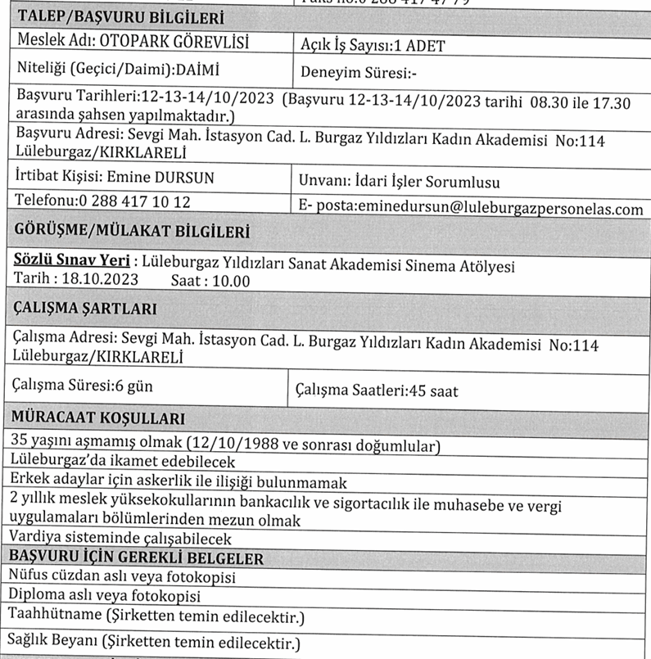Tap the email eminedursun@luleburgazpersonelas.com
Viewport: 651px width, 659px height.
[500, 209]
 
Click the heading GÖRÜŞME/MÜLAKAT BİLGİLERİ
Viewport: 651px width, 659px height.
[133, 233]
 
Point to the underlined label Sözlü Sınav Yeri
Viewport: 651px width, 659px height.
[73, 263]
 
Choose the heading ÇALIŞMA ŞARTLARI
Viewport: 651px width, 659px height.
[86, 309]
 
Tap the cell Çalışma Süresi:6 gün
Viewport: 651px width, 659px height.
[84, 386]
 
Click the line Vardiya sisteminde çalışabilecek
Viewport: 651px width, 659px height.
[120, 539]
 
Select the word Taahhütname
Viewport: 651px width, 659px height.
[55, 614]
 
